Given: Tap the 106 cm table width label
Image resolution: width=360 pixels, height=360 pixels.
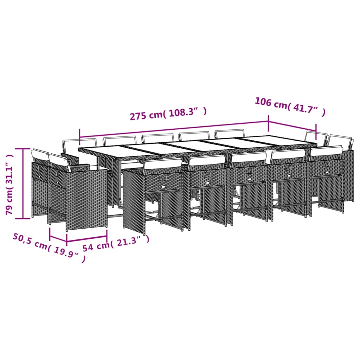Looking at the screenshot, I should click(x=270, y=103).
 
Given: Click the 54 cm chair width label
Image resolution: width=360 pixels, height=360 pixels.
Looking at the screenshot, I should click(x=96, y=246).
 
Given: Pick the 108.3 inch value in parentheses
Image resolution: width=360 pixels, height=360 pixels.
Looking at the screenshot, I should click(x=186, y=113).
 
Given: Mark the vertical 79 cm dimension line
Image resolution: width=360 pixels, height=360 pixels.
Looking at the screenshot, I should click(x=24, y=183).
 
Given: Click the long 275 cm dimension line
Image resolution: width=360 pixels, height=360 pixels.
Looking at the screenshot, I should click(x=174, y=130).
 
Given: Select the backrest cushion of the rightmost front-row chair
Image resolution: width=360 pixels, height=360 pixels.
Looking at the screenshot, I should click(x=326, y=151).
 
